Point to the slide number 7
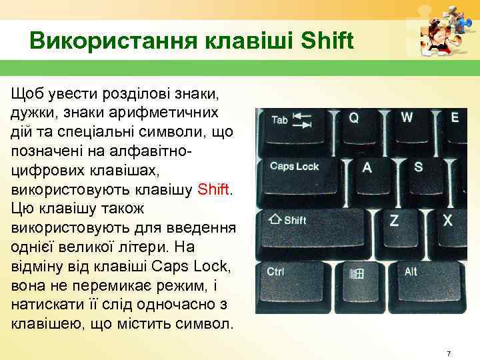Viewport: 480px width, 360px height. (449, 351)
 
